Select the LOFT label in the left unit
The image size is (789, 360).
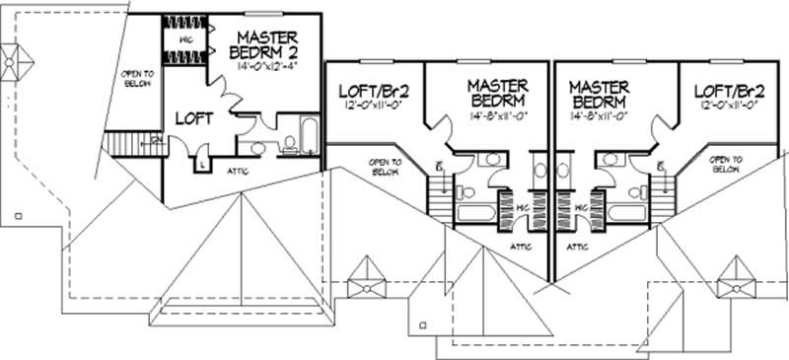(194, 118)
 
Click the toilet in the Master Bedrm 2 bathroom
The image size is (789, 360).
(258, 148)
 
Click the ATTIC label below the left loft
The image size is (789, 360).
(236, 171)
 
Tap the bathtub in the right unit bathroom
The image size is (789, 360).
(623, 212)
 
